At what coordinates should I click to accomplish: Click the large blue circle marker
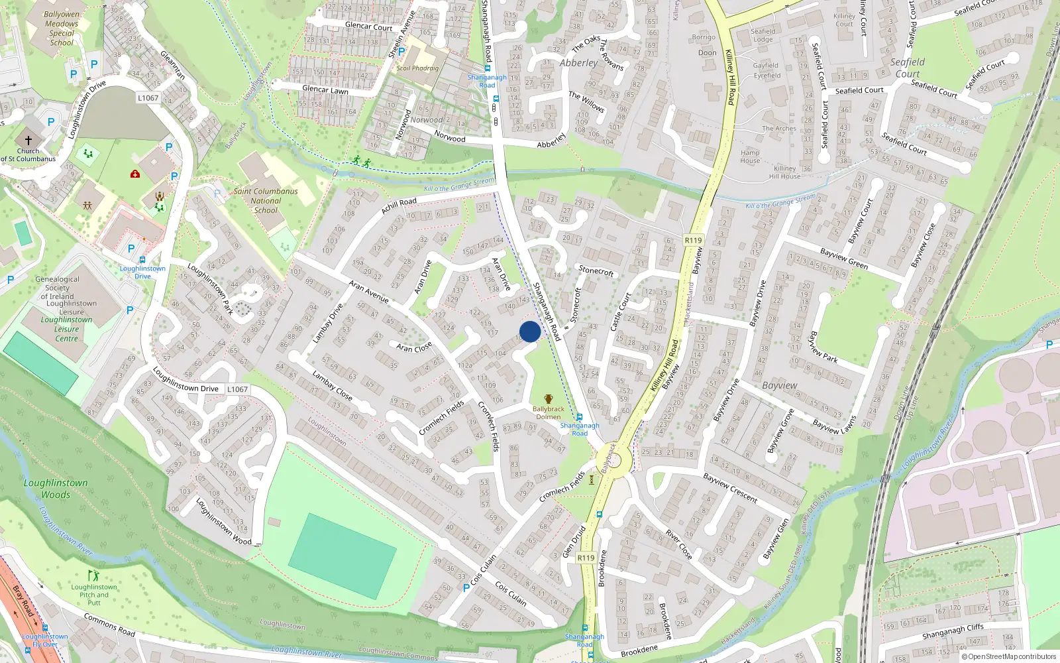[530, 331]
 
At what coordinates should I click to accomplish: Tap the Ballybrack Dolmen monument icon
[548, 400]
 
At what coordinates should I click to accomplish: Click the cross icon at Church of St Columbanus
[28, 141]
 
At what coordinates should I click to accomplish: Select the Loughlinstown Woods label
[56, 489]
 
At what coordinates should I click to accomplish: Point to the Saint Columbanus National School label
[266, 200]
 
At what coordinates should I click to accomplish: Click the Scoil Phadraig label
[417, 68]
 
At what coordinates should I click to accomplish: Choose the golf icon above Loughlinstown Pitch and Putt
[93, 575]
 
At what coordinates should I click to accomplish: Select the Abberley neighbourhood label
[578, 63]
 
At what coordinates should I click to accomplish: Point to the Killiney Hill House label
[784, 172]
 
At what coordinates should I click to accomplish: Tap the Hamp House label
[750, 156]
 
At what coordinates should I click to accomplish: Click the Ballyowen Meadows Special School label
[62, 28]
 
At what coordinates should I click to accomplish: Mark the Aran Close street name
[414, 347]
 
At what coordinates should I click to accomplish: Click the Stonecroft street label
[596, 270]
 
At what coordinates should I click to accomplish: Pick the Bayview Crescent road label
[730, 487]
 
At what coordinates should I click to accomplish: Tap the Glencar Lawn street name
[325, 90]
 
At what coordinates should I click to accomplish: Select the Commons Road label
[109, 625]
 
